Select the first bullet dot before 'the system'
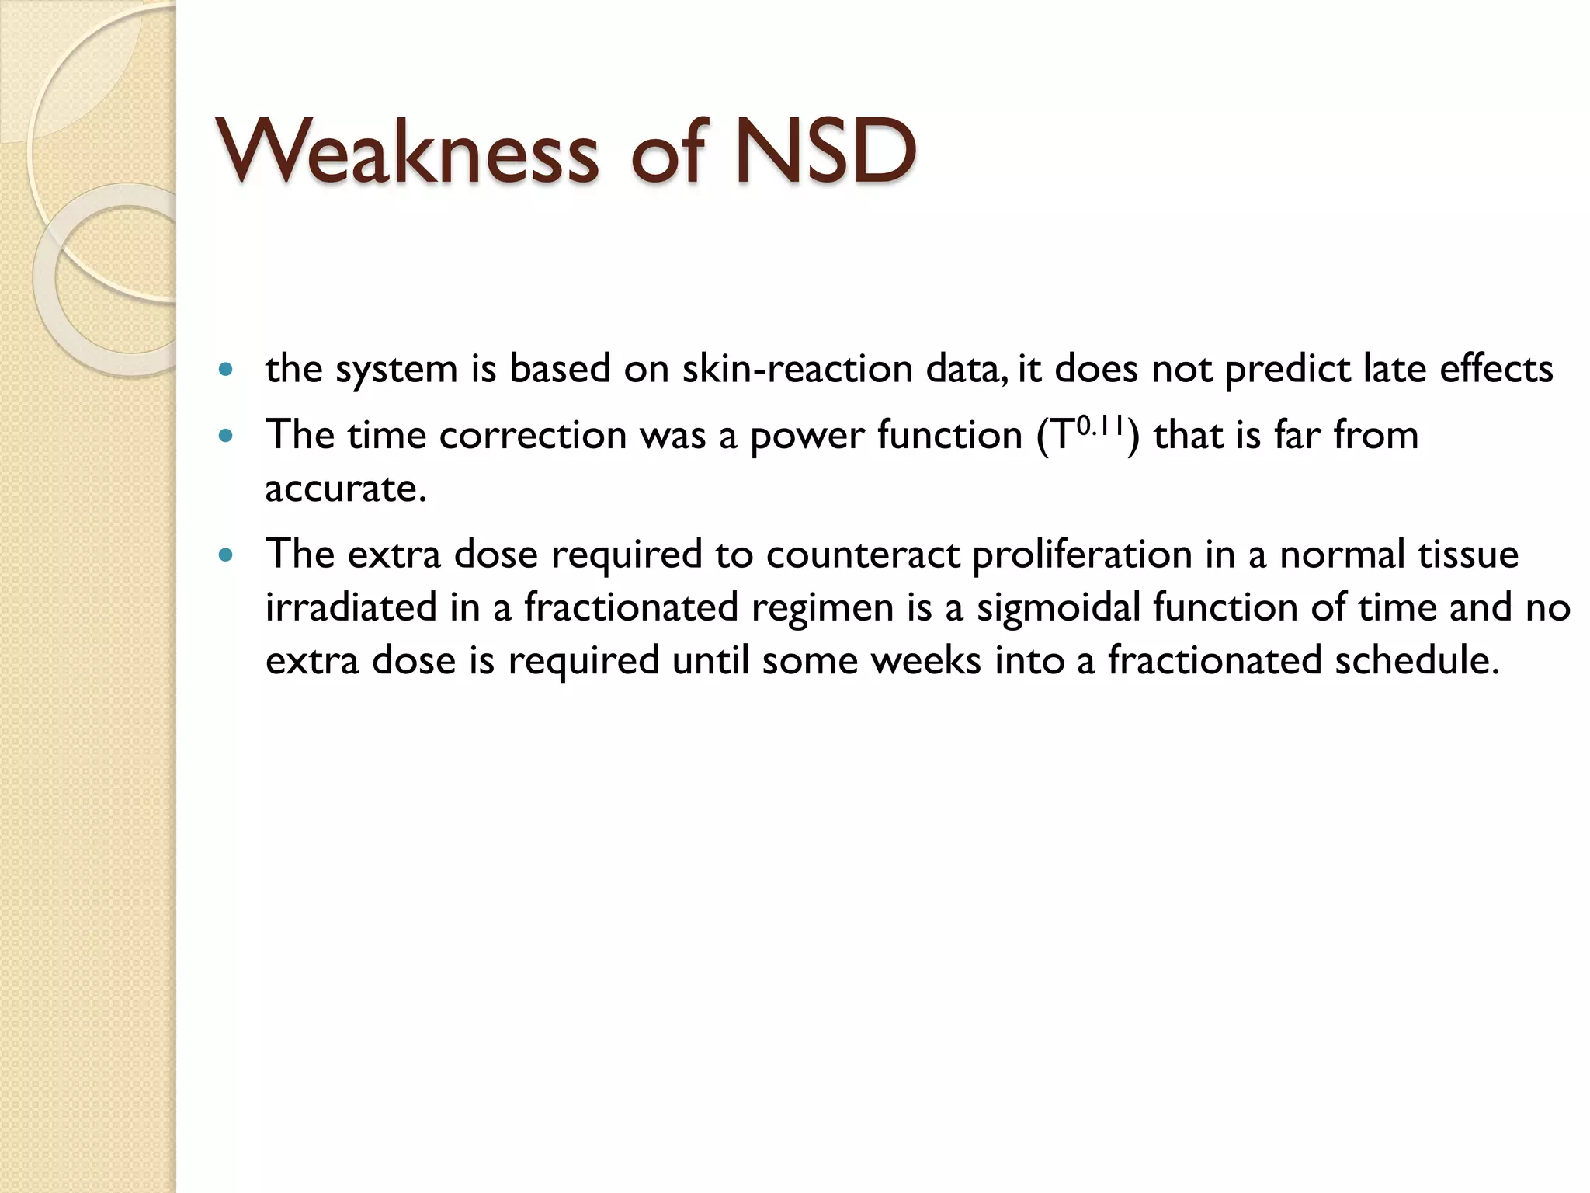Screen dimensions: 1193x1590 pos(226,370)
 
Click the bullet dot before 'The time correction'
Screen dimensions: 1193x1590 pos(226,436)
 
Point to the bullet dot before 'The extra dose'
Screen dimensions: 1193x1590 pos(226,555)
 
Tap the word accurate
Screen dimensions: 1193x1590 pos(345,490)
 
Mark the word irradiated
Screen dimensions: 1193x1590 pos(351,608)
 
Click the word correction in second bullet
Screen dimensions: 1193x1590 pos(533,436)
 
